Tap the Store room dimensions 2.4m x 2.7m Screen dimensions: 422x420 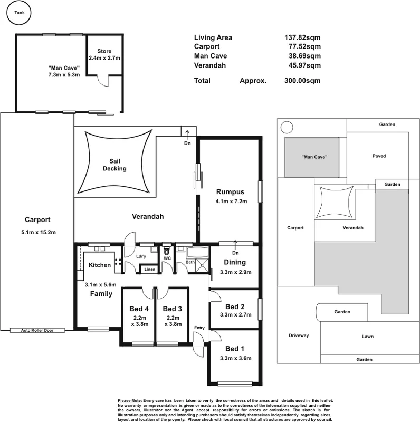click(x=105, y=57)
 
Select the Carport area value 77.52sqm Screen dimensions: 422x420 click(x=301, y=47)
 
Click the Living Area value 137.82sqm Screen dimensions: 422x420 click(x=301, y=37)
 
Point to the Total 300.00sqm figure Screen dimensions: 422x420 click(x=301, y=81)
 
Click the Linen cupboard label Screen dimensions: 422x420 click(x=149, y=270)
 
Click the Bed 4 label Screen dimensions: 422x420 click(x=139, y=309)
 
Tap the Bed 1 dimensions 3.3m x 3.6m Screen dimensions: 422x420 click(x=235, y=359)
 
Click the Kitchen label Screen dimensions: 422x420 click(x=99, y=265)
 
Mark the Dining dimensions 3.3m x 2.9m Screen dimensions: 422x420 click(x=235, y=272)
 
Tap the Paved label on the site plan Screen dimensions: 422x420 click(x=378, y=156)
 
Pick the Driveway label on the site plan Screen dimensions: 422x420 click(x=299, y=335)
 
